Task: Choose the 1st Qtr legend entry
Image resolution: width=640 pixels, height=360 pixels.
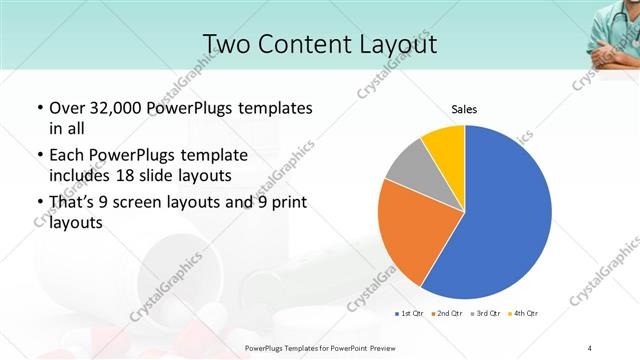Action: click(410, 314)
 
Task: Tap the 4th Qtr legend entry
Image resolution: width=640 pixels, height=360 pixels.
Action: click(525, 314)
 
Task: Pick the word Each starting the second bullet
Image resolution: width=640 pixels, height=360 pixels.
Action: click(67, 156)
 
